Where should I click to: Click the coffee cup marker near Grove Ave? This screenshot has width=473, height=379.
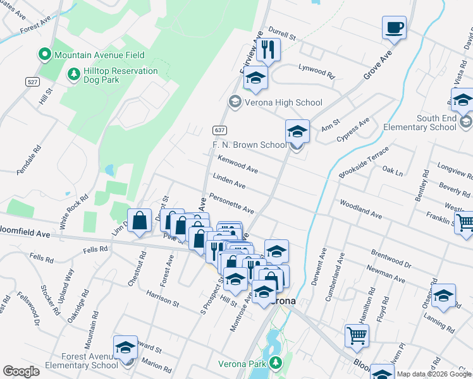pos(394,28)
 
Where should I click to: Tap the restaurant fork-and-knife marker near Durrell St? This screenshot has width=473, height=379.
pos(268,50)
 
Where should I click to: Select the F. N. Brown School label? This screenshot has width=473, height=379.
pos(249,145)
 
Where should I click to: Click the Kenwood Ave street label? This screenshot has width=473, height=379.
pos(237,165)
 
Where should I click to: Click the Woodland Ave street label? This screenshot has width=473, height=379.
pos(360,210)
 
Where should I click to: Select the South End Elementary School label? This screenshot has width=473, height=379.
pos(436,123)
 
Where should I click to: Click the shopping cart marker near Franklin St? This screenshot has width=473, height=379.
pos(465,222)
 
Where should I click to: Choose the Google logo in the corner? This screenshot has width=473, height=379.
pos(21,371)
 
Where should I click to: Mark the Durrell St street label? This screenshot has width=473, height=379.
pos(282,33)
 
